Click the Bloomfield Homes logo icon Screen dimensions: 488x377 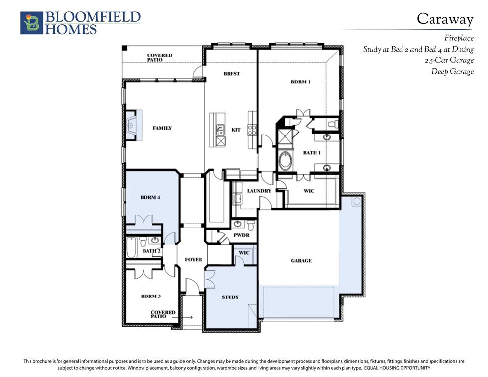click(31, 23)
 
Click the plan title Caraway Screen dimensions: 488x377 click(445, 19)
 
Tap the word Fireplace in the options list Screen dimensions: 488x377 click(459, 38)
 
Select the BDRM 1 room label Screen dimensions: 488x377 click(301, 82)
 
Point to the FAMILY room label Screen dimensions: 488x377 click(162, 128)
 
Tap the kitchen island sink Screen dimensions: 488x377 click(220, 130)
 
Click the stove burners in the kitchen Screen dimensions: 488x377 click(252, 130)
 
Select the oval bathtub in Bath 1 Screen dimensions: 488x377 click(284, 160)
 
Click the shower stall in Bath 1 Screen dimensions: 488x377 click(285, 136)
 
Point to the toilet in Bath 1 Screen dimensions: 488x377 click(333, 124)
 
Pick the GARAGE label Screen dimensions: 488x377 click(301, 261)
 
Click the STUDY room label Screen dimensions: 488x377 click(230, 297)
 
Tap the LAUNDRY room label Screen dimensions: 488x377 click(259, 191)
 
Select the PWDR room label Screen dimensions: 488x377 click(241, 235)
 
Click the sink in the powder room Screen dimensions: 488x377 click(238, 224)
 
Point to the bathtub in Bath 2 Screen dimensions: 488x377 click(132, 247)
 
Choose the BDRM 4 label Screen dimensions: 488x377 click(150, 197)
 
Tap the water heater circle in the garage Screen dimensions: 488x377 click(357, 201)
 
